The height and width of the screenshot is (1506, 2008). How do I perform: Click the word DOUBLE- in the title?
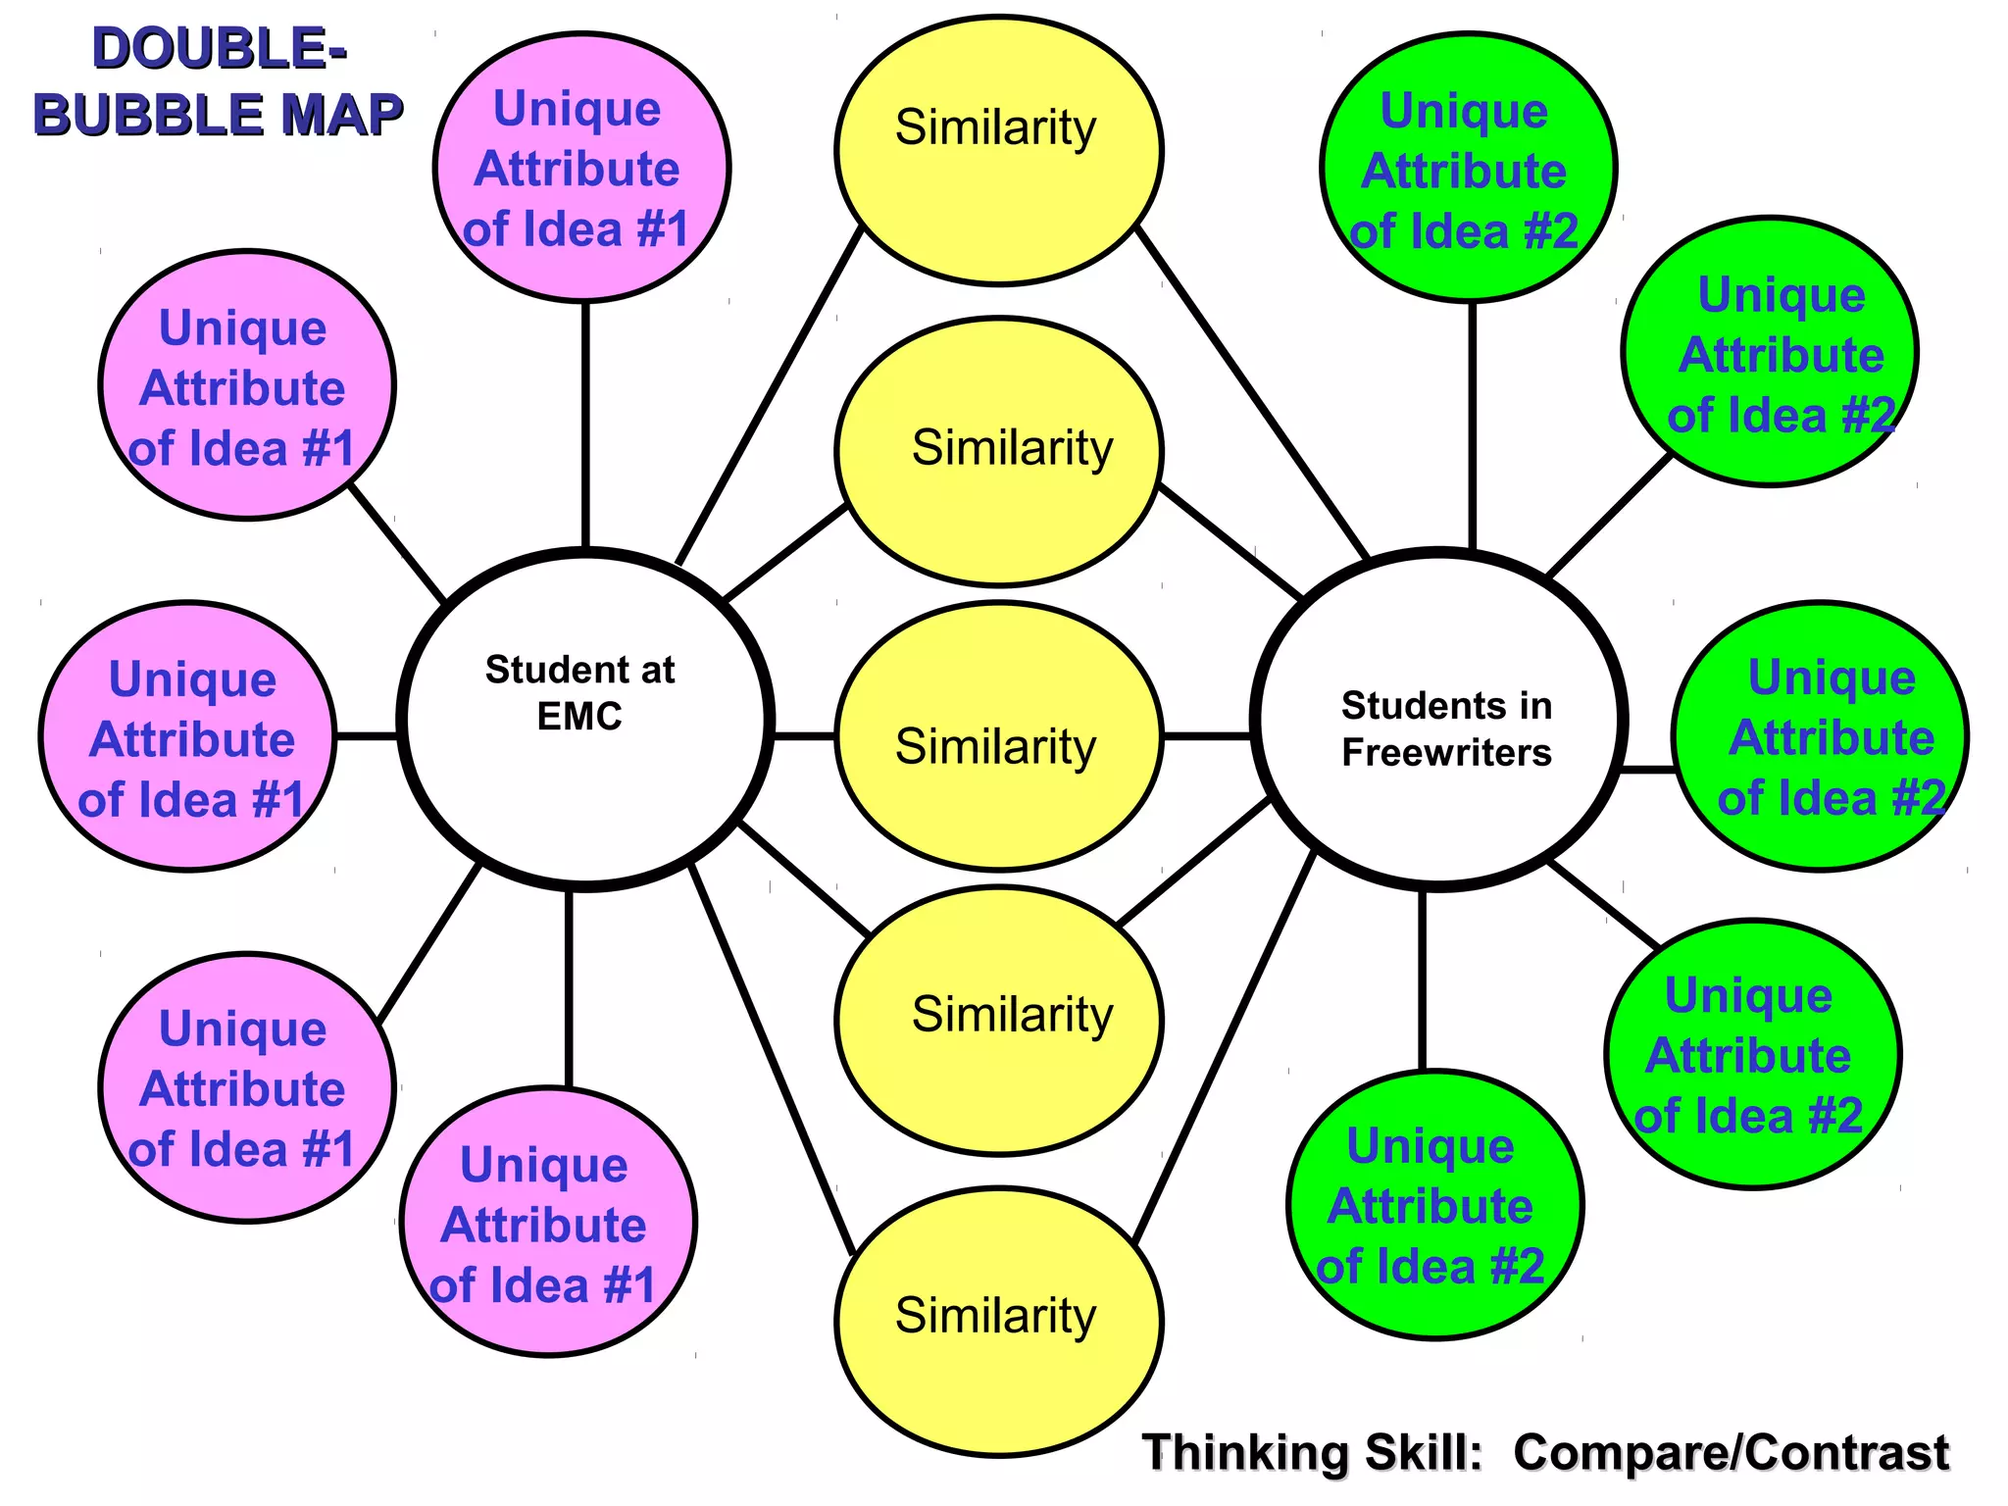(x=219, y=49)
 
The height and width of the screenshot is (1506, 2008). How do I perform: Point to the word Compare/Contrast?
(x=1731, y=1452)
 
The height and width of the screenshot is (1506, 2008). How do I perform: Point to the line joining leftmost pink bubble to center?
(x=367, y=735)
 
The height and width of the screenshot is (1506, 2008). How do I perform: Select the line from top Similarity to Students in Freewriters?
(x=1252, y=392)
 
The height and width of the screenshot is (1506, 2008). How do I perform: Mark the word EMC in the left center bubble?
(x=579, y=717)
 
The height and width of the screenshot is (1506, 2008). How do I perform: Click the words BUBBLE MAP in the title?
(x=219, y=115)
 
